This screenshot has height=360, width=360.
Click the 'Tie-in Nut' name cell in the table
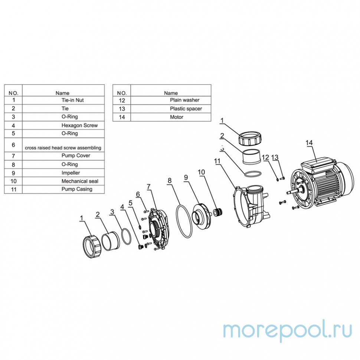pos(63,100)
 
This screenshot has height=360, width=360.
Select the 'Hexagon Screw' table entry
pos(63,125)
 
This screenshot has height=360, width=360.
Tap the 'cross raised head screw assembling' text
pos(63,148)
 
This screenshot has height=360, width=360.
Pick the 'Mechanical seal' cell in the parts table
pos(63,181)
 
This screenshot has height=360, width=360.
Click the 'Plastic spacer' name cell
pos(171,109)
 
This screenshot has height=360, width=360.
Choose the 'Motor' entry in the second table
pos(171,117)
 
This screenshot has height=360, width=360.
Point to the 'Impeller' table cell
pos(63,173)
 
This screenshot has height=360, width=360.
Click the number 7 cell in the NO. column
pos(13,156)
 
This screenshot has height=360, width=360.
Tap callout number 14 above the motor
pos(309,143)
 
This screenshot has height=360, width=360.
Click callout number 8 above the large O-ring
pos(170,181)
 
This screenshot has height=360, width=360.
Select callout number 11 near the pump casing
pos(217,161)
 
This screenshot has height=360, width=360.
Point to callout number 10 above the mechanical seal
pos(201,172)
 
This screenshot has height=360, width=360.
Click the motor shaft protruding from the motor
pos(292,191)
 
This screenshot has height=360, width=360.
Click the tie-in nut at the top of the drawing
pos(250,138)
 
